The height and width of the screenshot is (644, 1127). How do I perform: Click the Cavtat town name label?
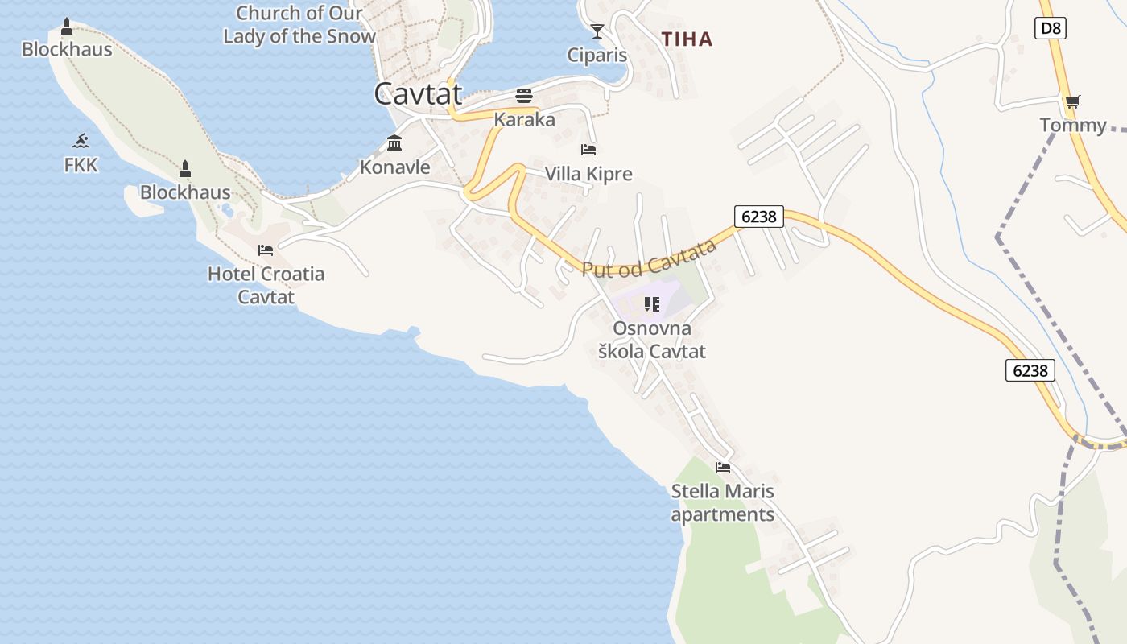point(419,94)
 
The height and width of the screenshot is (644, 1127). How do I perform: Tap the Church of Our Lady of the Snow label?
point(299,25)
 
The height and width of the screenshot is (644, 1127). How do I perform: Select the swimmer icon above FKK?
point(80,142)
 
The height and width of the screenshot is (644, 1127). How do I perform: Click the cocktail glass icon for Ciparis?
point(597,31)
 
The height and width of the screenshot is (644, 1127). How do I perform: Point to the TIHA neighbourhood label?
point(687,39)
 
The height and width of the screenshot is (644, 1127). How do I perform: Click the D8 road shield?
point(1051,29)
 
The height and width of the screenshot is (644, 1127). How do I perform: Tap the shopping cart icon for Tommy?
point(1072,102)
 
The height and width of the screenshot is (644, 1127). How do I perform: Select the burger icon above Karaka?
point(524,96)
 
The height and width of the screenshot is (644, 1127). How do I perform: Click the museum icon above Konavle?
point(394,143)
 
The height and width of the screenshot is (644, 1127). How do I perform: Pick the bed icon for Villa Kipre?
point(588,150)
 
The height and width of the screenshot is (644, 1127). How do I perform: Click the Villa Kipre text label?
point(588,174)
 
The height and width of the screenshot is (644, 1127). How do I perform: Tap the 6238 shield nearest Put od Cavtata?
point(758,216)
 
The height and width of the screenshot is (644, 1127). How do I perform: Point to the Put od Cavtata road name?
point(649,258)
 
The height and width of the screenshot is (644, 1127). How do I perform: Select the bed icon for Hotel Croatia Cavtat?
point(266,250)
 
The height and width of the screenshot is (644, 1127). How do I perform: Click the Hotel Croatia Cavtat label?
point(266,285)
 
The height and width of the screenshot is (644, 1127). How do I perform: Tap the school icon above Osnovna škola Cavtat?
point(652,304)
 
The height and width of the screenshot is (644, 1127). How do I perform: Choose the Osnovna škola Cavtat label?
point(652,340)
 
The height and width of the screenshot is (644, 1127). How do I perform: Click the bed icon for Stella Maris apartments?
point(723,467)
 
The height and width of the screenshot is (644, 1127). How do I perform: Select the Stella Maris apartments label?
point(723,502)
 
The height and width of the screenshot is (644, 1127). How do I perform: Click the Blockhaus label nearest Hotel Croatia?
point(185,192)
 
